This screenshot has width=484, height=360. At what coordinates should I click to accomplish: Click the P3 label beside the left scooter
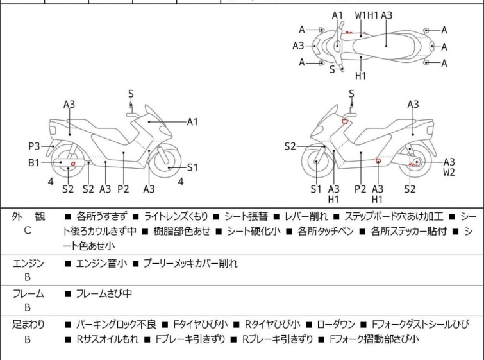pos(34,145)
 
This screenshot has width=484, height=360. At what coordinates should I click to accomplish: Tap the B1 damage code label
pos(34,163)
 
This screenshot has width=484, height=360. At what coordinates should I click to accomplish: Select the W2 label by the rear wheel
pos(449,172)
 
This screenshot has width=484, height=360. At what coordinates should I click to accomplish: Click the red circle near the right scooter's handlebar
pos(345,121)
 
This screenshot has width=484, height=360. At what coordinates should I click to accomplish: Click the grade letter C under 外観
pos(27,229)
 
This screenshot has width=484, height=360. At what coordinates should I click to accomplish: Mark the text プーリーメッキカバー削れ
pos(190,262)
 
